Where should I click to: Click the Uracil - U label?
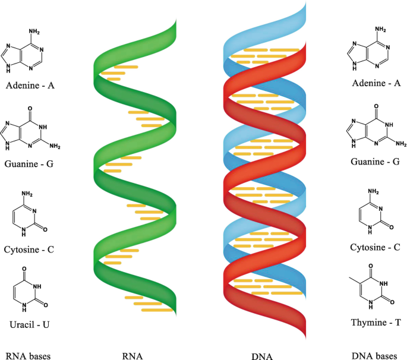click(x=30, y=324)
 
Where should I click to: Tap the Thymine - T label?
click(x=376, y=321)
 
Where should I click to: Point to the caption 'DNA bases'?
click(x=374, y=356)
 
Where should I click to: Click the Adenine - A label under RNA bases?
click(x=30, y=86)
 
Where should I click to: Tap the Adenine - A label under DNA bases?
click(x=376, y=83)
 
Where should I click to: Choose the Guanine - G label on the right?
click(x=376, y=160)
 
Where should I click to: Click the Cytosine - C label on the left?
click(x=30, y=249)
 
